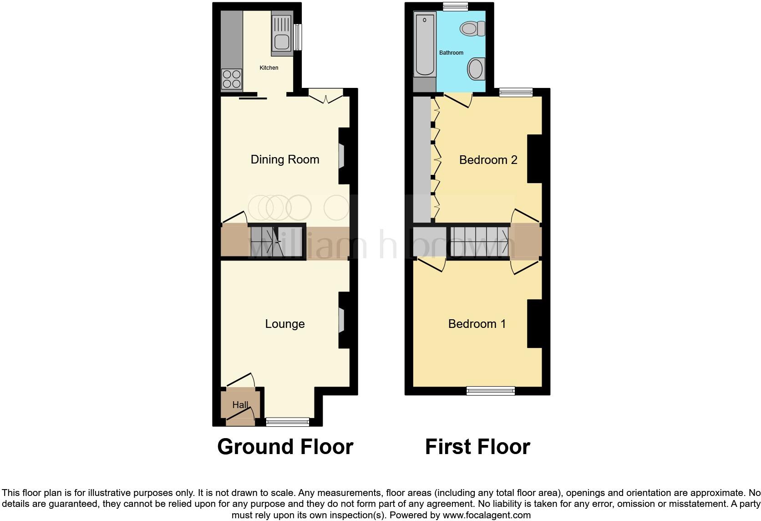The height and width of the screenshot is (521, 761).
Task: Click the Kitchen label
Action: [269, 68]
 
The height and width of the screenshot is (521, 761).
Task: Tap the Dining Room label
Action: [285, 159]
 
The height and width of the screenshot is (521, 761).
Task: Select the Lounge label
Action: [285, 324]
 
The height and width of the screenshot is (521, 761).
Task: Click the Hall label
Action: [240, 405]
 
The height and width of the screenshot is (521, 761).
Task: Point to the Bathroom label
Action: [451, 53]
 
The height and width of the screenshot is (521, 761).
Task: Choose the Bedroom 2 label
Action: [488, 160]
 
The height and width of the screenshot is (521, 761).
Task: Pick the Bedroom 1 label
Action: [477, 324]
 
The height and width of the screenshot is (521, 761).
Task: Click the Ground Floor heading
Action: [285, 447]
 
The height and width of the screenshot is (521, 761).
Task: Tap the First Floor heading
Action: [477, 447]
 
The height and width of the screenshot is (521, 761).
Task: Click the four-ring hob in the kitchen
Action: [232, 79]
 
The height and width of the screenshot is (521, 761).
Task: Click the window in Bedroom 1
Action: [491, 391]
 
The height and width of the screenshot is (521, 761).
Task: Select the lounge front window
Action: [288, 422]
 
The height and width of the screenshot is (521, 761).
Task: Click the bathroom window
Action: [456, 6]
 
